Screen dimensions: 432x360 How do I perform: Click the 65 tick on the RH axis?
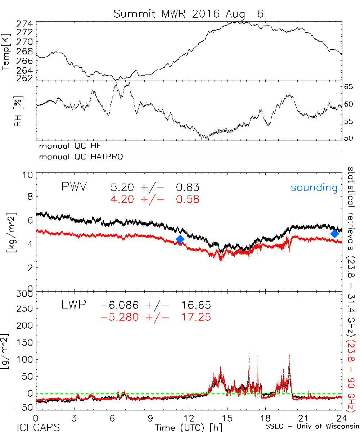pos(349,87)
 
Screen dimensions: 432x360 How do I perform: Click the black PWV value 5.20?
pos(122,188)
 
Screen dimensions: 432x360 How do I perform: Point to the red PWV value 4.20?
pos(122,199)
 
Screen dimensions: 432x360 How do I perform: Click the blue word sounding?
pos(314,188)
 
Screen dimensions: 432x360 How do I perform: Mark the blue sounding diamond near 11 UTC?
pos(180,239)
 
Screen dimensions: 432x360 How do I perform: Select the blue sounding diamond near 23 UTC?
pos(335,233)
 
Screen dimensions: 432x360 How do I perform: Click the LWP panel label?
pos(74,305)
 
